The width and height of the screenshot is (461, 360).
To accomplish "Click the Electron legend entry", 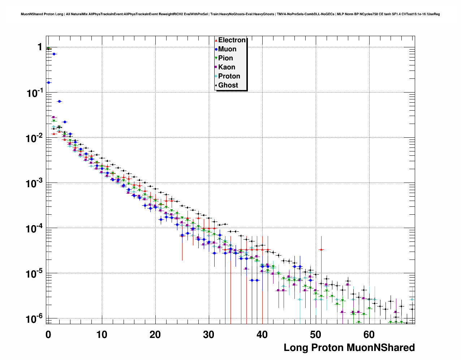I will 232,40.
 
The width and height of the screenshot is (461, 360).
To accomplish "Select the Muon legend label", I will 227,49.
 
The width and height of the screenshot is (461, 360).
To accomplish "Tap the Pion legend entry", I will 225,58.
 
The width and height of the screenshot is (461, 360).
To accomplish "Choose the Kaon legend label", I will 227,67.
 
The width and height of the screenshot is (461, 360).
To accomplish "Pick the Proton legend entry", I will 229,76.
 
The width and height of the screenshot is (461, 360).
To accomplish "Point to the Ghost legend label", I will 228,85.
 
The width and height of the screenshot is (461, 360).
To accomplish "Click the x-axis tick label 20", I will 155,335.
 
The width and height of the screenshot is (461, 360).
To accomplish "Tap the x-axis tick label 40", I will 262,335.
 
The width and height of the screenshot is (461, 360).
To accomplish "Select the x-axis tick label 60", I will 369,335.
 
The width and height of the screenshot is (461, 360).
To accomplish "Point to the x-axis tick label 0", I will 48,335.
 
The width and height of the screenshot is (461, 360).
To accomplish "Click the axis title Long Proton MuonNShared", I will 349,348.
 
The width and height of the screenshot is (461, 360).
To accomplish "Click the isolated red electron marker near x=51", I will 321,249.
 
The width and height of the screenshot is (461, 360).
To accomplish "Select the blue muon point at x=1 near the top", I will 54,54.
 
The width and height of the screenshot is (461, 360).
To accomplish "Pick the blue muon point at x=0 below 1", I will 49,82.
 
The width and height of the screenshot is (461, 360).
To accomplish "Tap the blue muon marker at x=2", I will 59,101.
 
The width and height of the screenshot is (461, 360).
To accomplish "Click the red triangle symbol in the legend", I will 216,40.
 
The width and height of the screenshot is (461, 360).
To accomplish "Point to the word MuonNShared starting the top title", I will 30,14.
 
